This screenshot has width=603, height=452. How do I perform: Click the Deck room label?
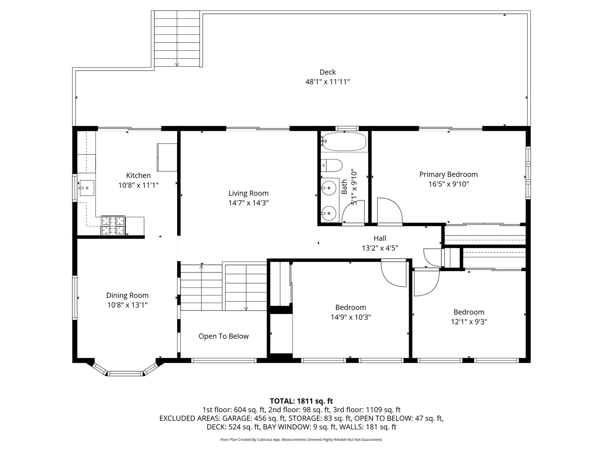click(327, 72)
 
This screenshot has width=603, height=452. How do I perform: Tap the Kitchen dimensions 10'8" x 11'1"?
click(138, 185)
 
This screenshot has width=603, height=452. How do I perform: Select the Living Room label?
click(248, 193)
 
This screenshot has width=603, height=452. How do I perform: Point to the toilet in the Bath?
click(332, 165)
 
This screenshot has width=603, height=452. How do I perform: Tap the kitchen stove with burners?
click(113, 225)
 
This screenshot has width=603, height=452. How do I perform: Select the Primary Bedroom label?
click(448, 174)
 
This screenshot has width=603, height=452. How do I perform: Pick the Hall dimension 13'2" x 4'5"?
click(380, 248)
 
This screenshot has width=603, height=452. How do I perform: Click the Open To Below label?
click(224, 336)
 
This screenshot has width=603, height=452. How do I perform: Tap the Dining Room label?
click(127, 295)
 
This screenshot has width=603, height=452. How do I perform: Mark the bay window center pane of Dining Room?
click(126, 373)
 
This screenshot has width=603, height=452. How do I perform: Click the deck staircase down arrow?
click(177, 64)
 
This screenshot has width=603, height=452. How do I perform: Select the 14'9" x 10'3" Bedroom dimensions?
click(350, 317)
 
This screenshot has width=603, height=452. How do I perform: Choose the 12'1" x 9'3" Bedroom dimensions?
click(469, 321)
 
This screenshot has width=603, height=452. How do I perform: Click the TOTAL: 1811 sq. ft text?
click(301, 401)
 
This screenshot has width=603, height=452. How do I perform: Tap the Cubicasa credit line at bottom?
click(301, 439)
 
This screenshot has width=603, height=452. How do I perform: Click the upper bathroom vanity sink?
click(330, 188)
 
